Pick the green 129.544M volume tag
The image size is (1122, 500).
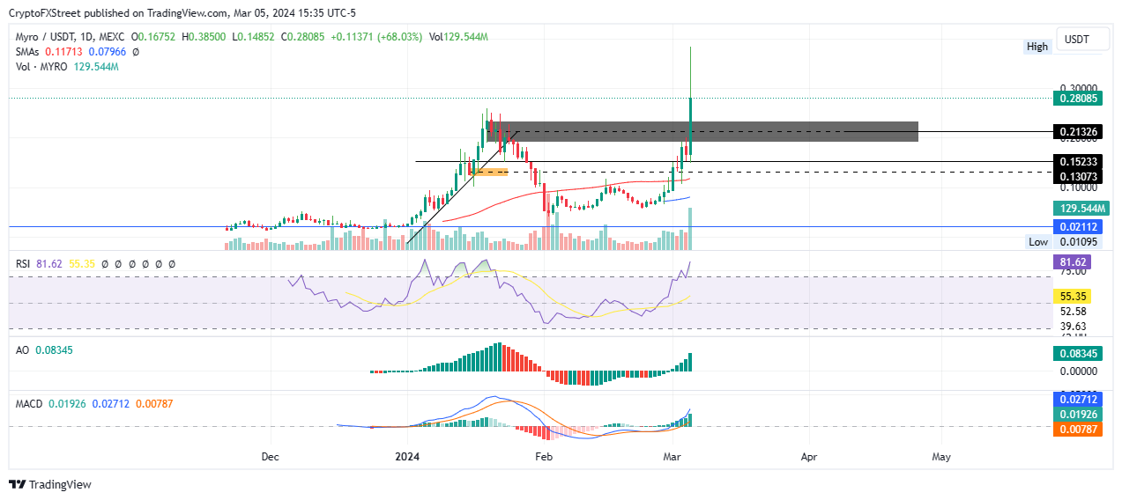click(x=1080, y=209)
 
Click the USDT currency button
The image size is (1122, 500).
click(x=1077, y=40)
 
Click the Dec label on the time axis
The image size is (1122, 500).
click(x=271, y=458)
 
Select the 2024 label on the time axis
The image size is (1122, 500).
click(x=406, y=458)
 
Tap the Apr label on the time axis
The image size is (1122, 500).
click(x=808, y=458)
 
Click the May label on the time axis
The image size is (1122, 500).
click(x=941, y=458)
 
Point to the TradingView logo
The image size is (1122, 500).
click(x=50, y=484)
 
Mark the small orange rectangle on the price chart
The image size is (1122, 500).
click(x=491, y=171)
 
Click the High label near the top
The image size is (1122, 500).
click(x=1037, y=47)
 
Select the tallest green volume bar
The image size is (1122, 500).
click(x=690, y=229)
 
